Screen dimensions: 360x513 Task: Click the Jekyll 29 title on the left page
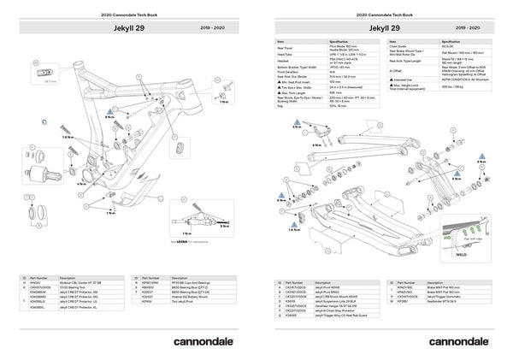point(125,27)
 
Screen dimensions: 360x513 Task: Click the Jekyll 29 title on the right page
point(384,27)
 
